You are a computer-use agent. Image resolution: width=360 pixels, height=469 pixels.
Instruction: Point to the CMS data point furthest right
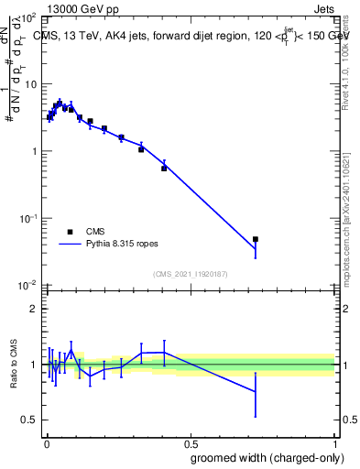tap(256, 239)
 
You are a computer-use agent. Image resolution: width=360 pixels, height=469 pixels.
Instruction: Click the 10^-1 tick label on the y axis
tap(27, 219)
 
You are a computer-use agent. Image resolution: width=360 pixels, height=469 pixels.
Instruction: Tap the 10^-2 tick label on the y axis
tap(27, 286)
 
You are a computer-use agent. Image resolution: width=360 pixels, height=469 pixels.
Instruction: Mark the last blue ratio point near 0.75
tap(256, 391)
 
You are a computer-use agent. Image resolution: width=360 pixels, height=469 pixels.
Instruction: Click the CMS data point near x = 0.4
tap(164, 169)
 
